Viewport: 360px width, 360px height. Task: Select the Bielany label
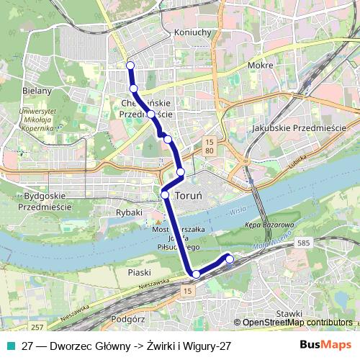(x=37, y=91)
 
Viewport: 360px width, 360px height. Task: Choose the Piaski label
(x=138, y=272)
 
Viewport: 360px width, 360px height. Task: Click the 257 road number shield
(x=38, y=328)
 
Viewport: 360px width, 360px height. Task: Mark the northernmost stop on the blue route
(x=130, y=66)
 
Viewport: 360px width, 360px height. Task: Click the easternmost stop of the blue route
(x=230, y=258)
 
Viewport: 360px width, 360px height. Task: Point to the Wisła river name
(x=238, y=212)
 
